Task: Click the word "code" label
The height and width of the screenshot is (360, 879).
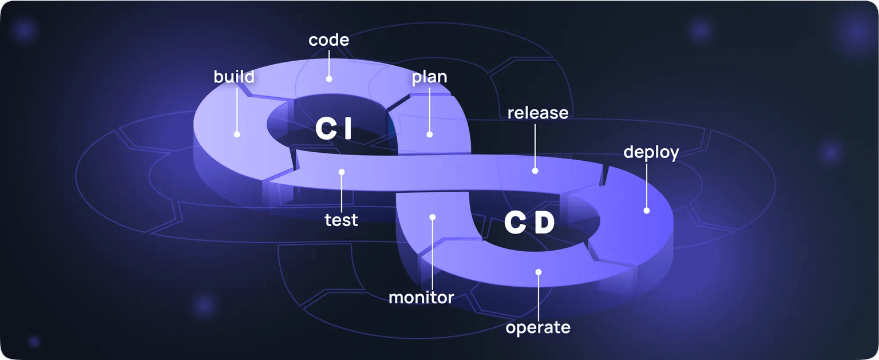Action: point(328,40)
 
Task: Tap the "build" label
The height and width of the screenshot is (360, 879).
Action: point(234,77)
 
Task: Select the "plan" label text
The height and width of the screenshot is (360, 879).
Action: point(430,77)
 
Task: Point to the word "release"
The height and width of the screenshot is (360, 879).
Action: point(538,113)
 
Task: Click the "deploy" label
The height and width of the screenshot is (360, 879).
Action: point(651,153)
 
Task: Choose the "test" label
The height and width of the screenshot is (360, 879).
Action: point(341,219)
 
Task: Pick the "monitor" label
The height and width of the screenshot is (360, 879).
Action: point(421,298)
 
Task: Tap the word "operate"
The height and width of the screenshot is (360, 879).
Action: point(538,327)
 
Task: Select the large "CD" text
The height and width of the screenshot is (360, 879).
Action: point(529,223)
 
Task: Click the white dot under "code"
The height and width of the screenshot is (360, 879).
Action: point(329,79)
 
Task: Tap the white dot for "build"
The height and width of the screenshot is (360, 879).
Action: point(236,134)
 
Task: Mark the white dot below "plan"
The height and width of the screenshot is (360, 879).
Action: point(430,134)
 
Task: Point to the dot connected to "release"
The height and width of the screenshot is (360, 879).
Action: point(535,170)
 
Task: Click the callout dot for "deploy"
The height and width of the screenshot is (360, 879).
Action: point(647,211)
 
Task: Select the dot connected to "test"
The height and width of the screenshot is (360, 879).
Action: point(341,171)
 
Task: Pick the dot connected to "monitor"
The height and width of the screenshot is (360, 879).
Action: point(433,217)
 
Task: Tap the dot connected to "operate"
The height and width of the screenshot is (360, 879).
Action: point(538,272)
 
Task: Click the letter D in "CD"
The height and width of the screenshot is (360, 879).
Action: point(544,223)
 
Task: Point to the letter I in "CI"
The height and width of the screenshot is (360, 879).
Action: point(347,129)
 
